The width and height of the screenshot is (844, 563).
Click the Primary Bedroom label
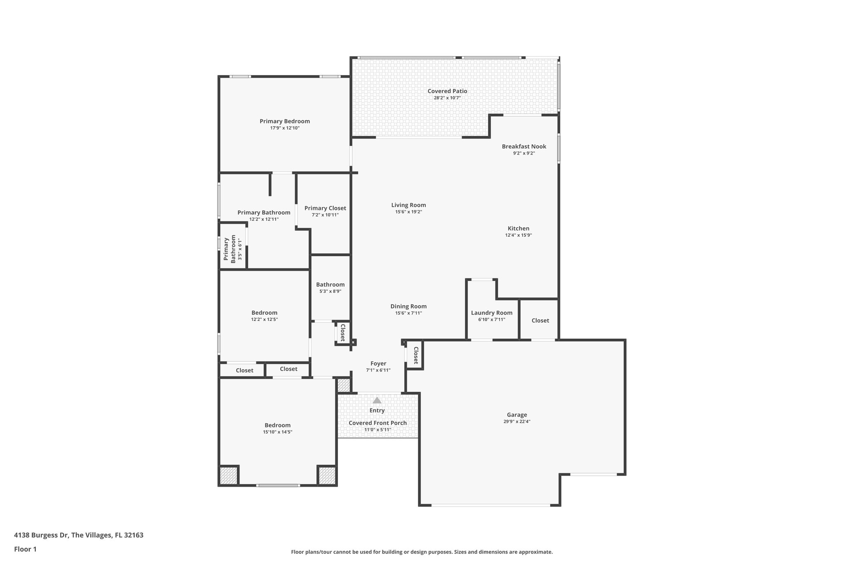(284, 121)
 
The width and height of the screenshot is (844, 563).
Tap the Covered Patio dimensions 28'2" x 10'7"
(447, 98)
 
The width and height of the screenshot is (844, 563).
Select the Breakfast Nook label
(524, 146)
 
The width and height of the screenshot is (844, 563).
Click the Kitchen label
(518, 228)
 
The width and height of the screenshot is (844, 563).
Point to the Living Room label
(408, 205)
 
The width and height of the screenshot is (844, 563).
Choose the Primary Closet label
(325, 208)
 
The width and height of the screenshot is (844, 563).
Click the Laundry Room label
(492, 313)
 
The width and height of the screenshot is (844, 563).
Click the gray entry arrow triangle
(377, 400)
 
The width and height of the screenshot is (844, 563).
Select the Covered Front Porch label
(377, 423)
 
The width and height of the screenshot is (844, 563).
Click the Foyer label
(378, 363)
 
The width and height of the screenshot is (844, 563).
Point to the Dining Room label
(408, 306)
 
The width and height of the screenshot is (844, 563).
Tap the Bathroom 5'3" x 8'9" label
(330, 285)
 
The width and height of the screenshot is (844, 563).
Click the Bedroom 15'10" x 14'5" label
(277, 425)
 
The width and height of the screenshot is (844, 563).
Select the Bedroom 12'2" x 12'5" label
(264, 313)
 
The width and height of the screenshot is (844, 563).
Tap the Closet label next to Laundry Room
(540, 320)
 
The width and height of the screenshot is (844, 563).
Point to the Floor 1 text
(25, 549)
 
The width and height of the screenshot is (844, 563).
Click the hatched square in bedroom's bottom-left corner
(228, 476)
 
